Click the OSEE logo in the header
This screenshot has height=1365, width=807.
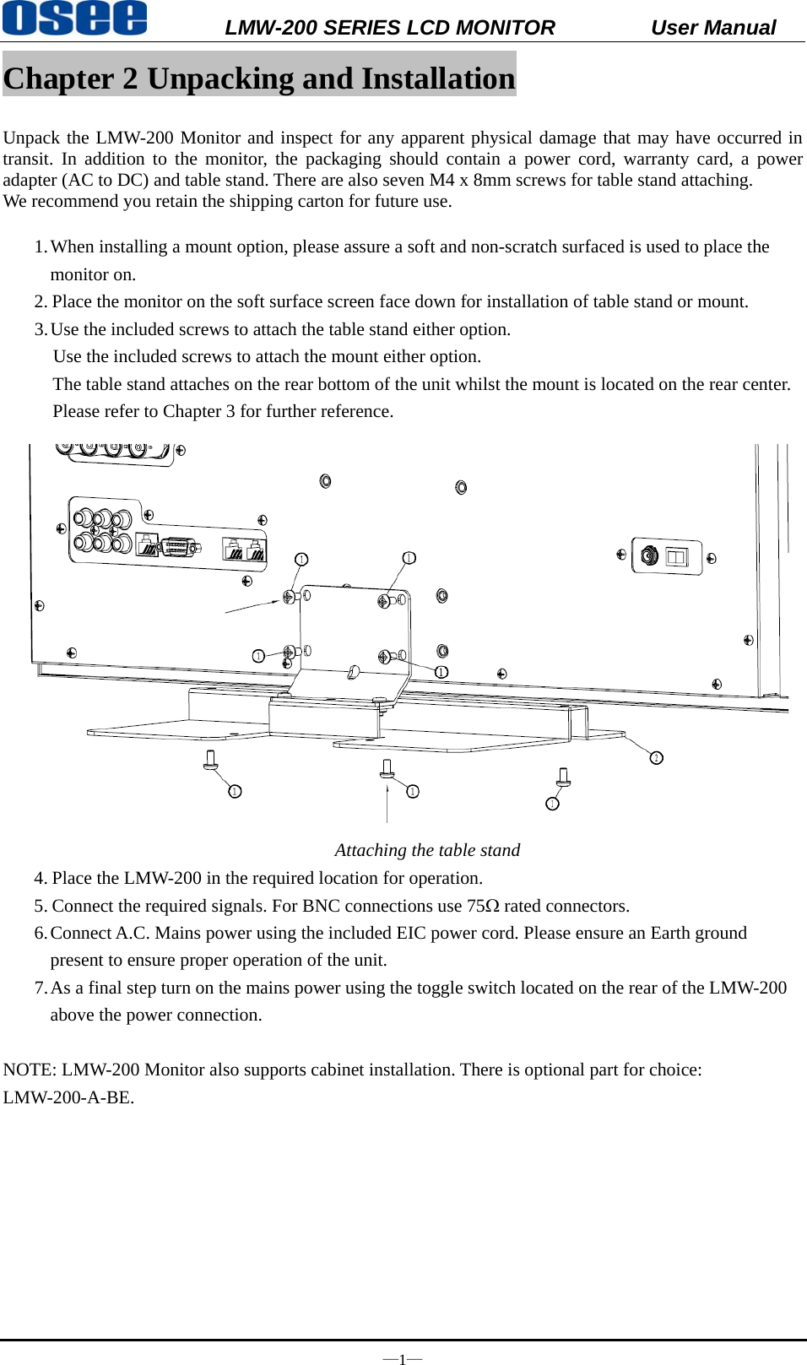[74, 18]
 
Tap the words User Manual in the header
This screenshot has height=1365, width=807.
[712, 28]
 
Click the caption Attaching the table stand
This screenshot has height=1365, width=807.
[427, 850]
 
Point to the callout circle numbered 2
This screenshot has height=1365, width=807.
[656, 758]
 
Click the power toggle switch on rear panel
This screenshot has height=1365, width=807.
[677, 557]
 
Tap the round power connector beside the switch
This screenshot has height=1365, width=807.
[649, 555]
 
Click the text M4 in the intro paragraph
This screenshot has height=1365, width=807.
[442, 180]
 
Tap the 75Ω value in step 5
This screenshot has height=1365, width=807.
[483, 906]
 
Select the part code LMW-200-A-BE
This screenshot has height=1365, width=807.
[68, 1097]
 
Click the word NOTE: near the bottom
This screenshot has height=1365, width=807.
[30, 1070]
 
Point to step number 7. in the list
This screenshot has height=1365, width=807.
[41, 988]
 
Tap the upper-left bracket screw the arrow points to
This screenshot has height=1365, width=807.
[289, 597]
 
